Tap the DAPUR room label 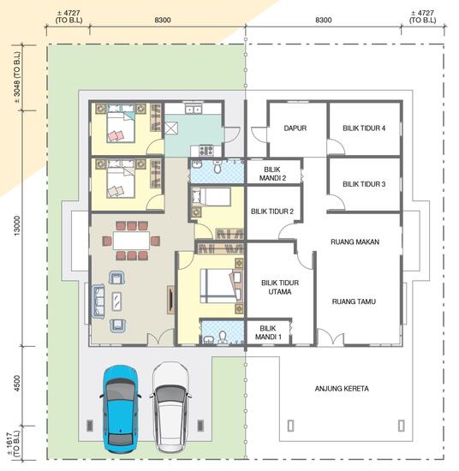click(295, 128)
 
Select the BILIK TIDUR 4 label click(364, 128)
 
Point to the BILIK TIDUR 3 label click(364, 184)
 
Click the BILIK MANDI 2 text click(275, 174)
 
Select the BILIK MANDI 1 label click(268, 332)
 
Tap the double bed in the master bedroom click(218, 285)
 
